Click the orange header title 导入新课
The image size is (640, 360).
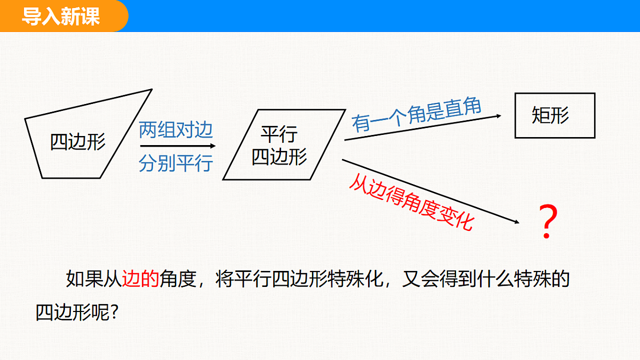pos(61,17)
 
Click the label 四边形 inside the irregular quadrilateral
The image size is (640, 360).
pos(78,142)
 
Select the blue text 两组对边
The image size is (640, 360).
pos(175,130)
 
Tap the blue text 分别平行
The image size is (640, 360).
pos(175,163)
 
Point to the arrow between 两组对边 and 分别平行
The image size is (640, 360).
pos(178,146)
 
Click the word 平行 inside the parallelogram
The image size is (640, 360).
pos(279,134)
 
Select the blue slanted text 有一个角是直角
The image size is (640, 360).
pos(417,115)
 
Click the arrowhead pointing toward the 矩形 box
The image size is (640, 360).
pos(499,116)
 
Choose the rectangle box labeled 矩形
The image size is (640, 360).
pos(555,115)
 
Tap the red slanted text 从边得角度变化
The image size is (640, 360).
pos(412,202)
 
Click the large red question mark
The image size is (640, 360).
pos(548,222)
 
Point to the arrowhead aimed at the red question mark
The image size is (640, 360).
pos(517,222)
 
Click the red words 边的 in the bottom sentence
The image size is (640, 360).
pos(140,278)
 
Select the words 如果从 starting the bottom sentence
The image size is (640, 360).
pos(94,278)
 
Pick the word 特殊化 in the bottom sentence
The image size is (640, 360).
pos(355,278)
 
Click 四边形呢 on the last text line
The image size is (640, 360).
pos(73,313)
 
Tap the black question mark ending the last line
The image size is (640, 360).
pos(114,313)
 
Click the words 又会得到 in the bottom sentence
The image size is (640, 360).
pos(439,278)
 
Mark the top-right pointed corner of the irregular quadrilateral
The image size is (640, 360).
pos(151,90)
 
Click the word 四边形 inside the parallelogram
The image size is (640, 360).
pos(279,157)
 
